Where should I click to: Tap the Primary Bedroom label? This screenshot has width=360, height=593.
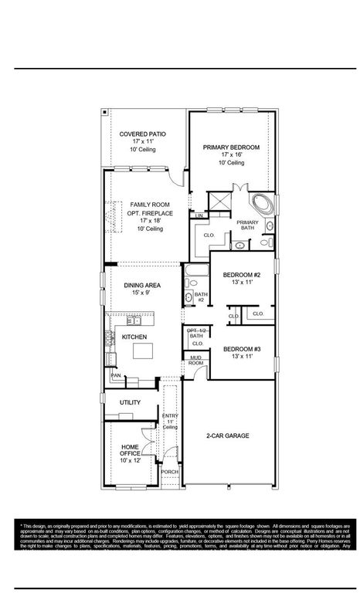(x=231, y=147)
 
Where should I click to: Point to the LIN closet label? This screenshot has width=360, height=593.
(x=199, y=215)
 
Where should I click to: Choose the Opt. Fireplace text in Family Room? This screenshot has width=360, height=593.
(x=151, y=212)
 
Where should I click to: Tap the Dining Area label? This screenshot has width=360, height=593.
(x=141, y=285)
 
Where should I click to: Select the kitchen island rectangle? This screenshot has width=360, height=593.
(x=144, y=351)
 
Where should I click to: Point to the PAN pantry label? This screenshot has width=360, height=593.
(x=116, y=375)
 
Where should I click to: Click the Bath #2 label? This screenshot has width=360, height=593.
(x=201, y=297)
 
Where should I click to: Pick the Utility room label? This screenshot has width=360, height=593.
(x=130, y=403)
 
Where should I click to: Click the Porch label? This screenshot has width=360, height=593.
(x=169, y=471)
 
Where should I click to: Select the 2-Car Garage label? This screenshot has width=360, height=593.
(x=227, y=436)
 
